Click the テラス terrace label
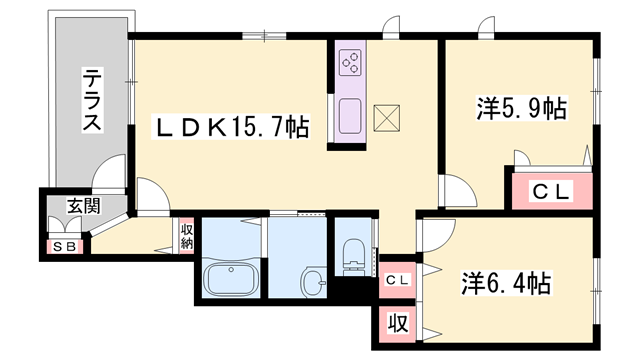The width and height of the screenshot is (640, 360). pyautogui.click(x=92, y=100)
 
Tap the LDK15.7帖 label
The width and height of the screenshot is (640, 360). pyautogui.click(x=231, y=127)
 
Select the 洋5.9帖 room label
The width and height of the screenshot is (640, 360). pyautogui.click(x=521, y=108)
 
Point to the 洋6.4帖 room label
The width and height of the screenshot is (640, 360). pyautogui.click(x=506, y=283)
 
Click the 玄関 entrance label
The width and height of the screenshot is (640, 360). pyautogui.click(x=84, y=206)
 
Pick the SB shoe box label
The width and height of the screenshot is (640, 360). pyautogui.click(x=65, y=247)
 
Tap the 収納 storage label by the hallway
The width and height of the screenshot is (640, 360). pyautogui.click(x=187, y=236)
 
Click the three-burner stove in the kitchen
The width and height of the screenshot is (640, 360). pyautogui.click(x=351, y=62)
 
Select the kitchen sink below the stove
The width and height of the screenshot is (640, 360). pyautogui.click(x=350, y=116)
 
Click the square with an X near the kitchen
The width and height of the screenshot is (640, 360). pyautogui.click(x=387, y=118)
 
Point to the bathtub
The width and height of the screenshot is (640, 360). pyautogui.click(x=231, y=278)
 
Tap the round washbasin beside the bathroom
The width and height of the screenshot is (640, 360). pyautogui.click(x=314, y=282)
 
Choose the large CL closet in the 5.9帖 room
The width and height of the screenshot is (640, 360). pyautogui.click(x=551, y=191)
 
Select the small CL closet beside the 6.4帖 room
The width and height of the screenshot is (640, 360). pyautogui.click(x=397, y=280)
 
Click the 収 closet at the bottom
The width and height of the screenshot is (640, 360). pyautogui.click(x=397, y=324)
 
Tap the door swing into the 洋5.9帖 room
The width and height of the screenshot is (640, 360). pyautogui.click(x=458, y=191)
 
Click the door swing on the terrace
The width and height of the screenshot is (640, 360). pyautogui.click(x=109, y=171)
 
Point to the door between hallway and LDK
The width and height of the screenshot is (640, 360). pyautogui.click(x=153, y=196)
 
